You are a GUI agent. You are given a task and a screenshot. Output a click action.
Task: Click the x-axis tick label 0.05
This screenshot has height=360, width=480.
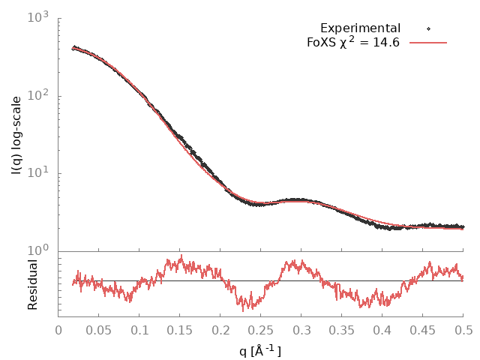(x=99, y=329)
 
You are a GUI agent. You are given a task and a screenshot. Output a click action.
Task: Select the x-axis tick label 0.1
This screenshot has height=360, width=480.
(x=139, y=329)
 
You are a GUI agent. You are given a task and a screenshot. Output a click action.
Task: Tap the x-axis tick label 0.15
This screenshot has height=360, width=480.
(x=180, y=329)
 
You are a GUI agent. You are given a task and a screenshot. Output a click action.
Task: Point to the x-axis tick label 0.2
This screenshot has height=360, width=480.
(x=220, y=329)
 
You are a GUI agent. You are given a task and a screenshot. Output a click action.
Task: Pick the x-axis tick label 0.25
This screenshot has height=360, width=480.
(x=261, y=329)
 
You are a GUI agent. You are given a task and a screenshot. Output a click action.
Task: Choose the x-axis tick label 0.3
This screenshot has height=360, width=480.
(x=301, y=329)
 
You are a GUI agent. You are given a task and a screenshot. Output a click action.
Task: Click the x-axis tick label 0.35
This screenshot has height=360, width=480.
(x=342, y=329)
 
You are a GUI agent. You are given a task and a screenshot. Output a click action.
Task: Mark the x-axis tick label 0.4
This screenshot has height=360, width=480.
(x=382, y=329)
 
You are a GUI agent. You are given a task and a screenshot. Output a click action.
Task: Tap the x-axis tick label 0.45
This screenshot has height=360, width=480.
(x=423, y=329)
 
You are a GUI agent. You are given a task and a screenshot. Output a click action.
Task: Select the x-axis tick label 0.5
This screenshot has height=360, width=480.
(x=463, y=329)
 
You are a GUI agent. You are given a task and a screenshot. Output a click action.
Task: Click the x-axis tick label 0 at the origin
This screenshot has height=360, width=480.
(x=58, y=329)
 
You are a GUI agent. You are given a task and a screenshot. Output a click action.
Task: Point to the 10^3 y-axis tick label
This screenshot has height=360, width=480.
(x=37, y=16)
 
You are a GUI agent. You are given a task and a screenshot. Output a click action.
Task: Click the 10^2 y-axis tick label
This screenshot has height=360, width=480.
(x=37, y=94)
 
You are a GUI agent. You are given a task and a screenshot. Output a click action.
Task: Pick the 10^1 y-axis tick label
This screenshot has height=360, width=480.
(x=37, y=172)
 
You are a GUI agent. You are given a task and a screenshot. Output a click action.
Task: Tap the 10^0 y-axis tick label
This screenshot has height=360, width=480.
(x=37, y=250)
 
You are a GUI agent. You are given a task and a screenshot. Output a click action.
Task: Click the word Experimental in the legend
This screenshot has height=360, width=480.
(x=360, y=28)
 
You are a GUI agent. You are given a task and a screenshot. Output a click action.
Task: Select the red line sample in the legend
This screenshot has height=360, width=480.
(x=428, y=43)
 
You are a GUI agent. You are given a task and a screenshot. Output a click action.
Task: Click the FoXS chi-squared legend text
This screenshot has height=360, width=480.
(x=353, y=42)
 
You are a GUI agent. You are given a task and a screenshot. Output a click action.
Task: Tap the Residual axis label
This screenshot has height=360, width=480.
(x=33, y=284)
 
